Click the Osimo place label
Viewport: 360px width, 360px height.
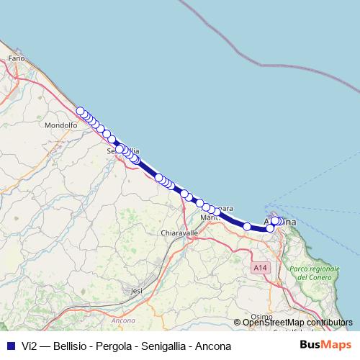(263, 315)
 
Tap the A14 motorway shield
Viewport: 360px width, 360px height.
(260, 268)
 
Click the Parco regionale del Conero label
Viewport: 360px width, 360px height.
(314, 273)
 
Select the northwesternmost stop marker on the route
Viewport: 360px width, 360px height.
(80, 111)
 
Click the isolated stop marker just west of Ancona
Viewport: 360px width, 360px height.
(247, 227)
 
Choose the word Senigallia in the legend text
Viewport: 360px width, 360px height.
(168, 346)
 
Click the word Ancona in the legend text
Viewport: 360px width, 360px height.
(215, 346)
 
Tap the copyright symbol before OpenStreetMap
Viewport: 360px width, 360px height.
(238, 323)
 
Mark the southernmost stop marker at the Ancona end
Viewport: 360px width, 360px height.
(271, 228)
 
